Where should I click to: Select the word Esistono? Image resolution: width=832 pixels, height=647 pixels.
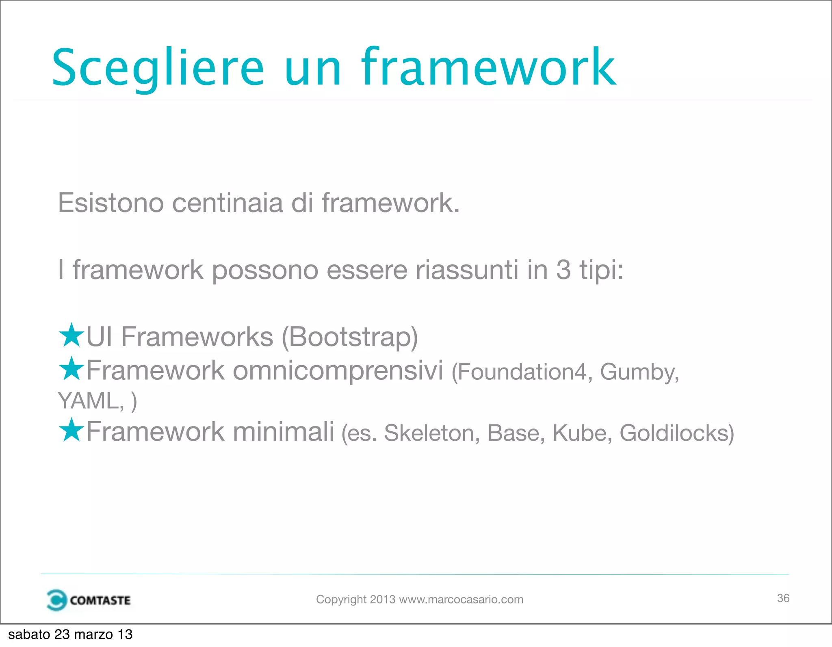(110, 203)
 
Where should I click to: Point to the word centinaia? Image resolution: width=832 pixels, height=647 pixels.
(227, 203)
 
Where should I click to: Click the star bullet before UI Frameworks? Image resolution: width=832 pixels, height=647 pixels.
(71, 335)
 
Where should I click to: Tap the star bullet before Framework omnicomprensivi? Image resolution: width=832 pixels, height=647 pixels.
(71, 369)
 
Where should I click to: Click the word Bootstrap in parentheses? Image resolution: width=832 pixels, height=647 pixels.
(350, 337)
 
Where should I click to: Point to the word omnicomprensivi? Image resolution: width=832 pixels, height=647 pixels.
(338, 370)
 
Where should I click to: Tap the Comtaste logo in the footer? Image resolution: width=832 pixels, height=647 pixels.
(89, 600)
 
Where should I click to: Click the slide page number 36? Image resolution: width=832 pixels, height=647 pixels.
(783, 598)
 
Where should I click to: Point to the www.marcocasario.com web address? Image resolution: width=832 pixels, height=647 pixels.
(461, 599)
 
